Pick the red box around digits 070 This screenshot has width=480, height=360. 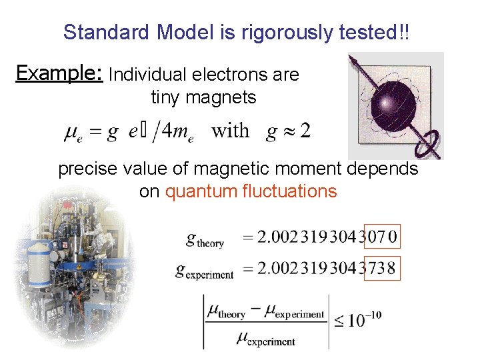click(381, 236)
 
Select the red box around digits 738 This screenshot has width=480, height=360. click(381, 268)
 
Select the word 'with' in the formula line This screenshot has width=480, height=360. click(231, 131)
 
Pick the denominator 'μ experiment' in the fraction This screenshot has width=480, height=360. click(266, 338)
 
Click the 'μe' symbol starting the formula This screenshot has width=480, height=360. click(74, 133)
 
